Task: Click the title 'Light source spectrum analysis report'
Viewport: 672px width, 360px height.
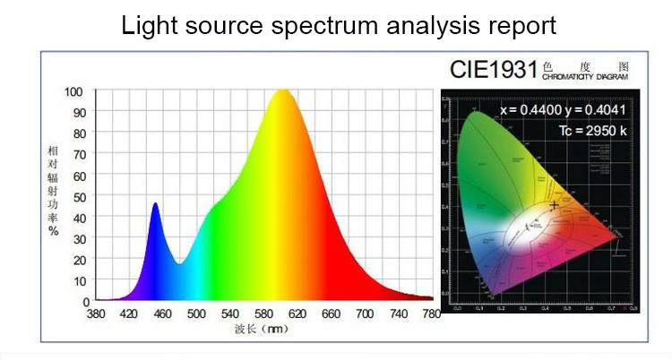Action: coord(339,25)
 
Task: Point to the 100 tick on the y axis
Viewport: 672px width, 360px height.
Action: coord(73,91)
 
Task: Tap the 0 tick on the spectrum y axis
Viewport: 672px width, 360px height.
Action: coord(86,301)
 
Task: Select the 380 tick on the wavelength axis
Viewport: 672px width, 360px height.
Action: coord(96,314)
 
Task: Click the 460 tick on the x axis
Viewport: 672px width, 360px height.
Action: coord(163,314)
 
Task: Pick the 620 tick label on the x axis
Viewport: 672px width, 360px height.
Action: coord(297,314)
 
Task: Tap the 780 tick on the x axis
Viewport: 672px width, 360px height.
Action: coord(432,314)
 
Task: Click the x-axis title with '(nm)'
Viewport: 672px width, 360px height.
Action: coord(264,330)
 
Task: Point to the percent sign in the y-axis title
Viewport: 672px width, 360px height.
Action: coord(54,231)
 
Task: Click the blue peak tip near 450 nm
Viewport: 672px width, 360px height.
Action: coord(155,203)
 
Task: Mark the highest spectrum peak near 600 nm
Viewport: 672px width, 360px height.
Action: coord(281,90)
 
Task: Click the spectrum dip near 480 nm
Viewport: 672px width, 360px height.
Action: coord(180,263)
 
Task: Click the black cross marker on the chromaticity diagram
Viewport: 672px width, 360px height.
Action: coord(555,205)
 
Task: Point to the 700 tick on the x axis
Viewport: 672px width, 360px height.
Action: coord(365,314)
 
